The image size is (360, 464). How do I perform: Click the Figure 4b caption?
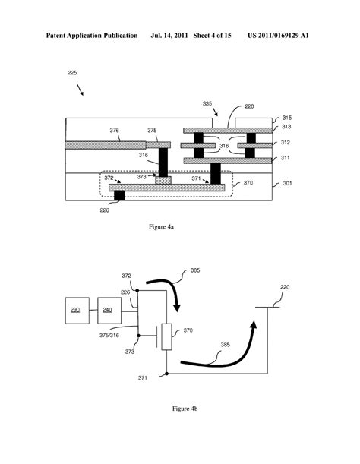point(178,410)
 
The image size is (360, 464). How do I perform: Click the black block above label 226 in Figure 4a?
point(119,196)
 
